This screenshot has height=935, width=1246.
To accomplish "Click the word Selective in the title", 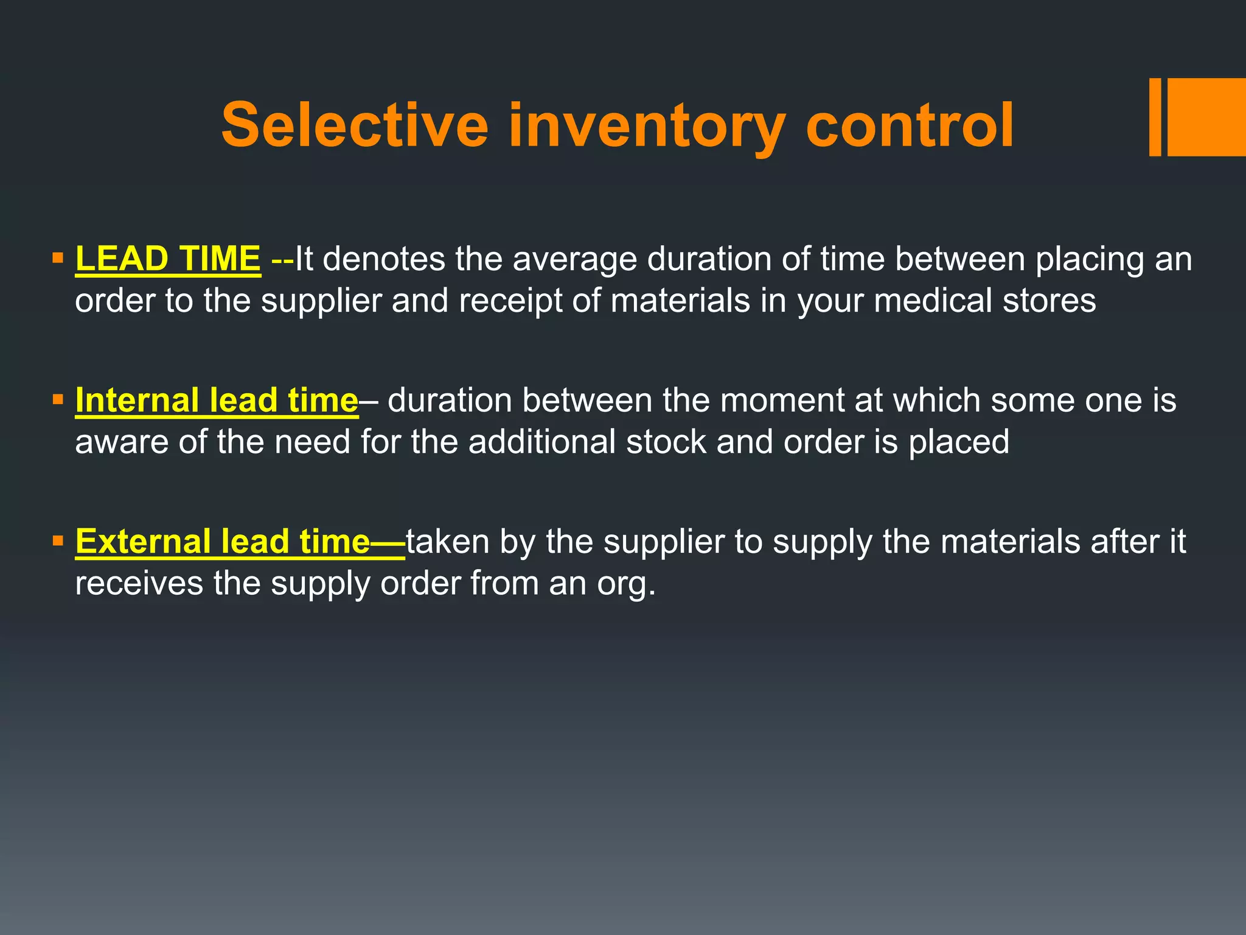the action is pyautogui.click(x=355, y=125).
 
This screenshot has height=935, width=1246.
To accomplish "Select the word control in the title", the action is pyautogui.click(x=910, y=125).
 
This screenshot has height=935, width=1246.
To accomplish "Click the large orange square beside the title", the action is pyautogui.click(x=1206, y=117).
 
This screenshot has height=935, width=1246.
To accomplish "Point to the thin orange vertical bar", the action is pyautogui.click(x=1155, y=117).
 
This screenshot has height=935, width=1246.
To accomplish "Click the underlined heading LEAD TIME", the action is pyautogui.click(x=168, y=259).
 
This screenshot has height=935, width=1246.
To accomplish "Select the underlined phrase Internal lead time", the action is pyautogui.click(x=217, y=401).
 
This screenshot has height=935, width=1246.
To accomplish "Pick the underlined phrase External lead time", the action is pyautogui.click(x=223, y=542).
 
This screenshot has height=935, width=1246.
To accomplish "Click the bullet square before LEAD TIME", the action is pyautogui.click(x=58, y=258).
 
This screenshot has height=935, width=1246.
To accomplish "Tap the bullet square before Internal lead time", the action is pyautogui.click(x=58, y=400).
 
